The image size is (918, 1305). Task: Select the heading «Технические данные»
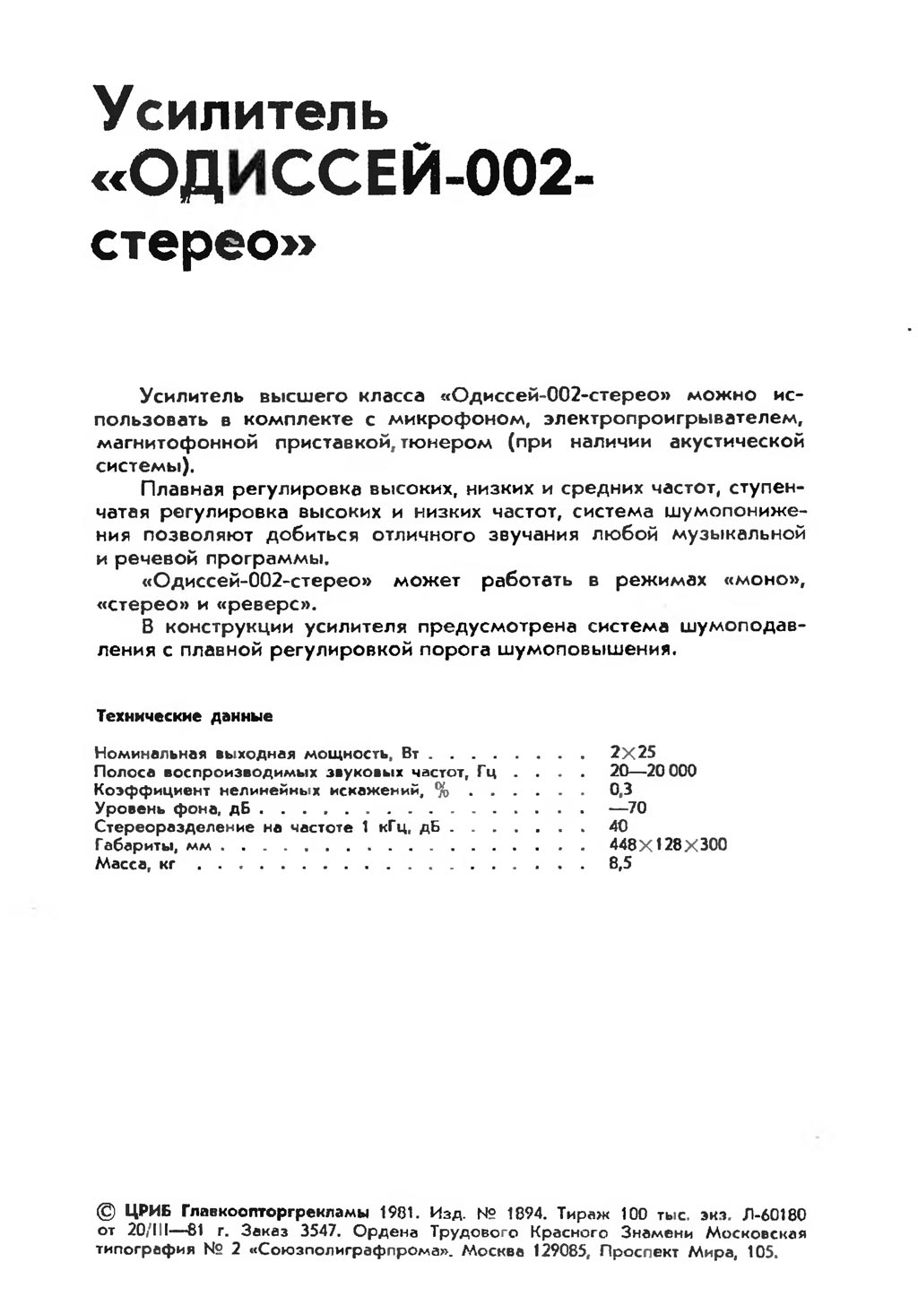coord(184,717)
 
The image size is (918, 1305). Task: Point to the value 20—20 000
coord(653,771)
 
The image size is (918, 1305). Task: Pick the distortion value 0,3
coord(620,790)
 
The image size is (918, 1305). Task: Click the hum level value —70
coord(628,808)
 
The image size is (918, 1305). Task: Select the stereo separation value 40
coord(619,826)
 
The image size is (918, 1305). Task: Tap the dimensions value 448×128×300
coord(668,845)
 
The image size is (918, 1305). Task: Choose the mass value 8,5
coord(620,864)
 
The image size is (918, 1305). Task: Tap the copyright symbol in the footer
coord(105,1214)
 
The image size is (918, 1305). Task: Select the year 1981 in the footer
coord(393,1214)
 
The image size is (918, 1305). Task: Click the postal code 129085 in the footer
coord(557,1252)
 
